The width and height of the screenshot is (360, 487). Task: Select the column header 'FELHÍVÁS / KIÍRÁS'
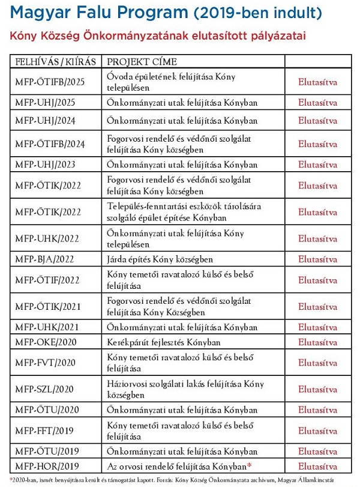pyautogui.click(x=54, y=62)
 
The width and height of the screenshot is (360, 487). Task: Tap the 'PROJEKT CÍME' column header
pyautogui.click(x=142, y=62)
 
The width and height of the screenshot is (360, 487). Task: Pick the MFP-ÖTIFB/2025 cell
pyautogui.click(x=50, y=82)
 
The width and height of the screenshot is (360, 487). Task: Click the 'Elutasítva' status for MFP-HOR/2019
pyautogui.click(x=317, y=466)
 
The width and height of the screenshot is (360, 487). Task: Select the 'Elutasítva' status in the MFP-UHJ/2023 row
pyautogui.click(x=317, y=164)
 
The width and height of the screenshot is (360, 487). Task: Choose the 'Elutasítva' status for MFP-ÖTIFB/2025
pyautogui.click(x=317, y=82)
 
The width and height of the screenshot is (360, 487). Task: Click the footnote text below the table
pyautogui.click(x=180, y=480)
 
